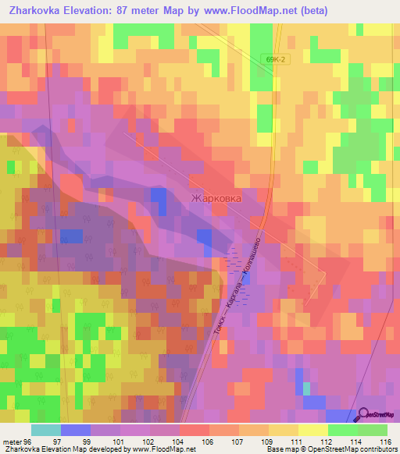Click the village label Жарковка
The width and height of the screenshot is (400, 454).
(x=216, y=198)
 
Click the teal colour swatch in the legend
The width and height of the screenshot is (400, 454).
(x=46, y=430)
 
